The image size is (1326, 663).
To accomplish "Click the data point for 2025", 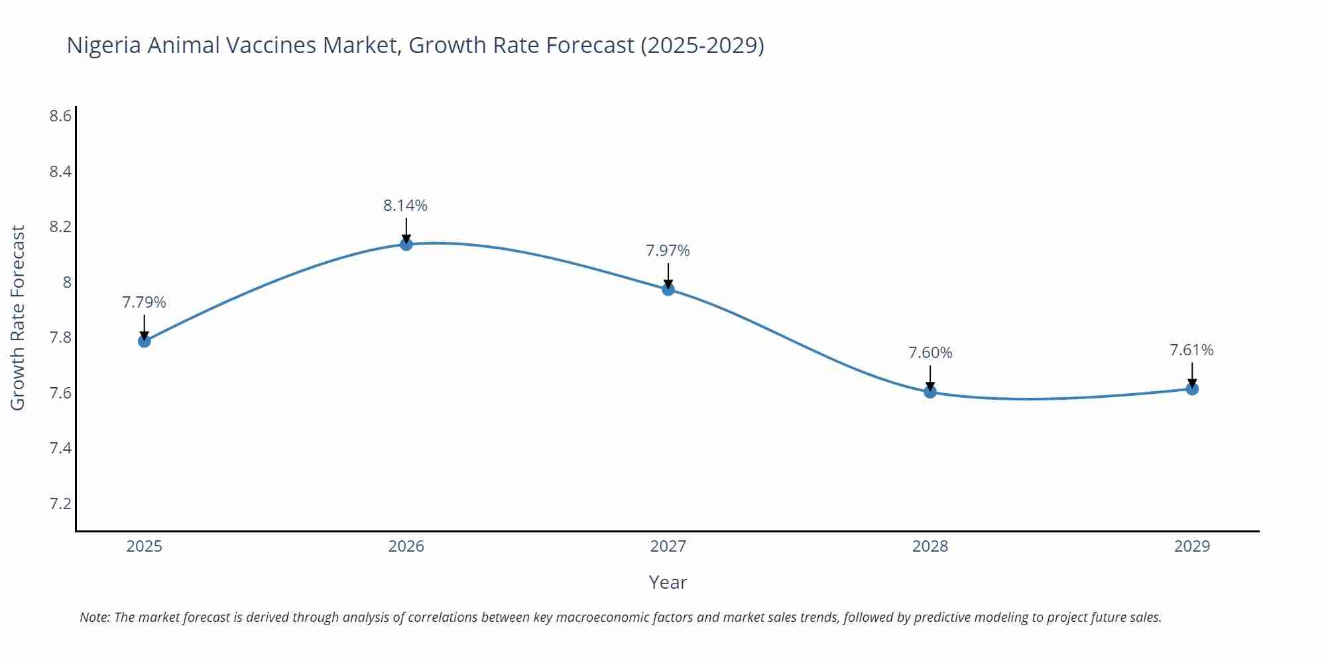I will pyautogui.click(x=145, y=341).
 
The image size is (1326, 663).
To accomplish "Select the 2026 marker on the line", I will pyautogui.click(x=406, y=245).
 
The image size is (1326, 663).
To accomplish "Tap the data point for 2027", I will pyautogui.click(x=668, y=289).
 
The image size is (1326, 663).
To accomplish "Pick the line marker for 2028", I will pyautogui.click(x=930, y=392).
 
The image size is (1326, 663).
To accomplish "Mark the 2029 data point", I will pyautogui.click(x=1192, y=389).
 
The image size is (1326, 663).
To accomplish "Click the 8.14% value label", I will pyautogui.click(x=405, y=206).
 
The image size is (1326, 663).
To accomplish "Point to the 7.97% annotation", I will pyautogui.click(x=668, y=251).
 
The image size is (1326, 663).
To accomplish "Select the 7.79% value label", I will pyautogui.click(x=144, y=302).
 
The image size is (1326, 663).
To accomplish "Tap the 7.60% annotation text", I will pyautogui.click(x=930, y=353).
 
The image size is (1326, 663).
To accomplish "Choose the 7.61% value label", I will pyautogui.click(x=1191, y=350).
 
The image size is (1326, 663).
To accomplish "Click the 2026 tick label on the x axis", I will pyautogui.click(x=406, y=546).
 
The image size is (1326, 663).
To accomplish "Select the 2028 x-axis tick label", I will pyautogui.click(x=930, y=546).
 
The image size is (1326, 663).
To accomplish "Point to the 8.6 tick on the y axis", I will pyautogui.click(x=60, y=117).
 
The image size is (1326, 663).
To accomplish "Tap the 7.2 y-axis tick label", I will pyautogui.click(x=60, y=504).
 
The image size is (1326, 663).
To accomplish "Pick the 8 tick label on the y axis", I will pyautogui.click(x=67, y=282).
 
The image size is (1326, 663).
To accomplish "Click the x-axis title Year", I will pyautogui.click(x=668, y=582).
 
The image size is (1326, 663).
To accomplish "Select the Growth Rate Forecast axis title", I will pyautogui.click(x=18, y=318).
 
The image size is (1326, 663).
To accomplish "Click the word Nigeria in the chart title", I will pyautogui.click(x=103, y=45).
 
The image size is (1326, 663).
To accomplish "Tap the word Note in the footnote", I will pyautogui.click(x=94, y=617).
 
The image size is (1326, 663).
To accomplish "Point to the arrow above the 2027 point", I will pyautogui.click(x=668, y=275).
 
